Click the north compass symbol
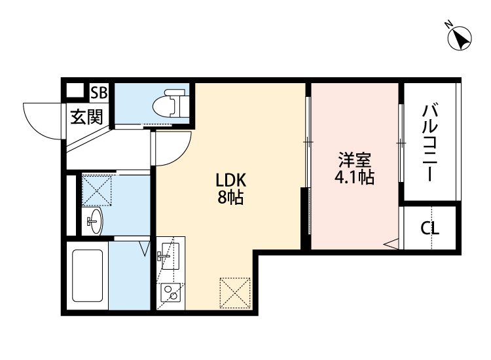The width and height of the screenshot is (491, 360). (460, 38)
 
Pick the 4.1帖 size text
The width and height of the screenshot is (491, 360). (354, 177)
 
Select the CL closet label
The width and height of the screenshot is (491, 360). (429, 228)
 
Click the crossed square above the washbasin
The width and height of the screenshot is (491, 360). (97, 190)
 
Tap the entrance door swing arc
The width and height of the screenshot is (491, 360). (41, 119)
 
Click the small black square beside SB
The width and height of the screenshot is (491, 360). (76, 91)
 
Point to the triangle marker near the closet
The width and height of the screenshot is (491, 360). (390, 244)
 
